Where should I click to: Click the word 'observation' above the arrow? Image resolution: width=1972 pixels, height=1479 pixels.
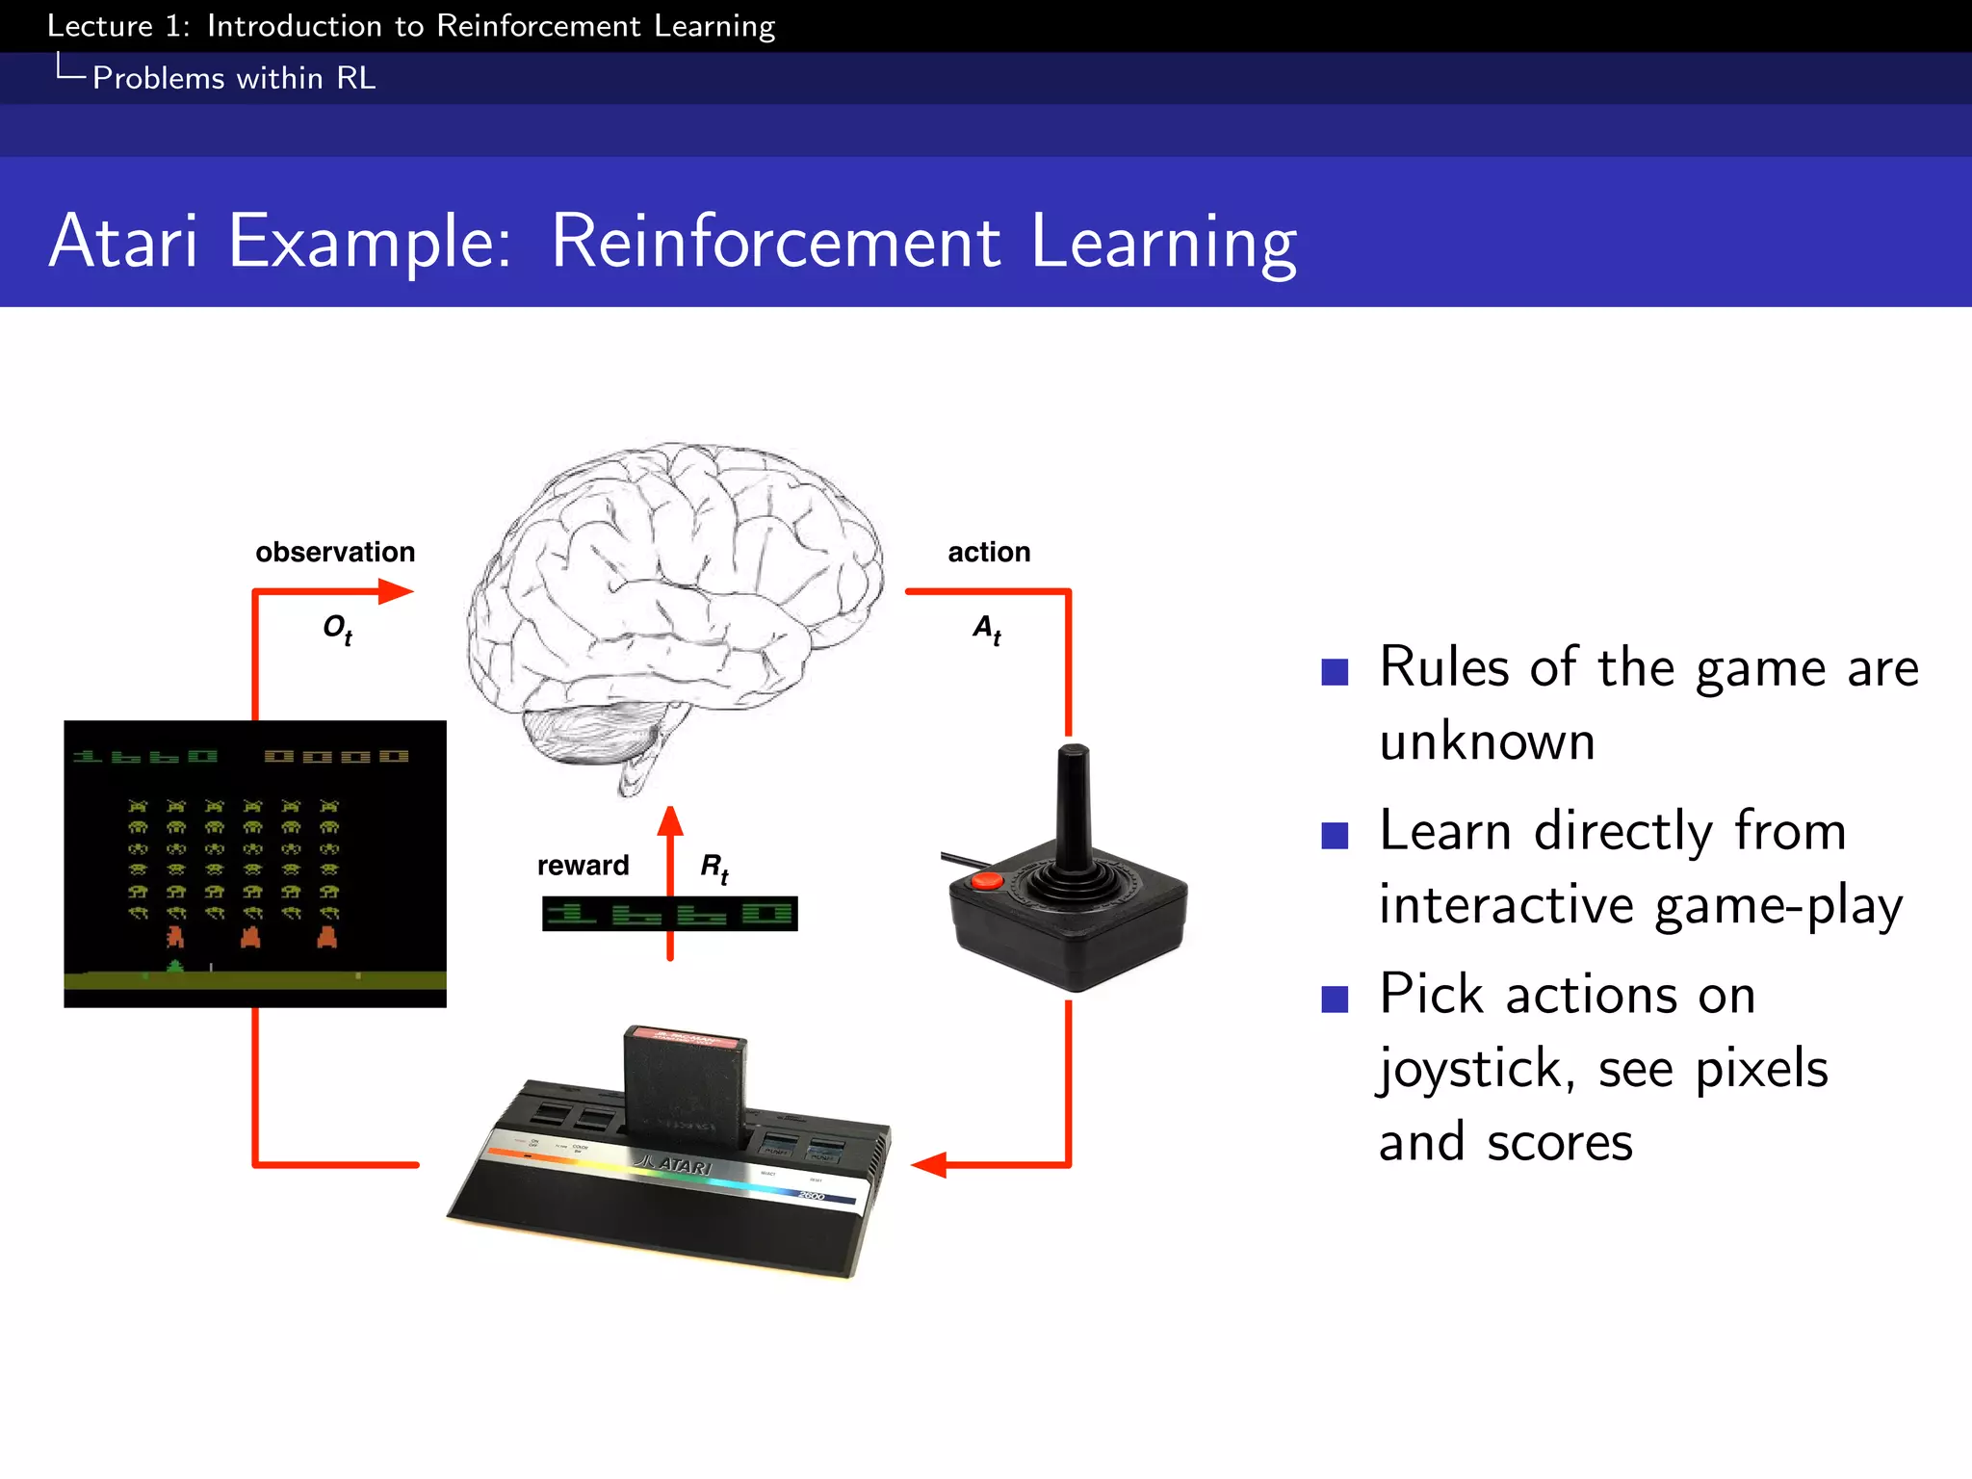[x=335, y=552]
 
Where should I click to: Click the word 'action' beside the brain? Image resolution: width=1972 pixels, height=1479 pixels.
[x=989, y=552]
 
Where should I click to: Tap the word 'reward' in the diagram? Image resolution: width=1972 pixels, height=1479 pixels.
[x=583, y=866]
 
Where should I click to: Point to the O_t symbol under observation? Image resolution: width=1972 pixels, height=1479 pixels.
[x=337, y=630]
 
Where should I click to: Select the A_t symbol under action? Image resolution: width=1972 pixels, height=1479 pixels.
[x=987, y=630]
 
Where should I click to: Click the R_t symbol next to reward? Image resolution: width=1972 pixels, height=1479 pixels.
[x=714, y=868]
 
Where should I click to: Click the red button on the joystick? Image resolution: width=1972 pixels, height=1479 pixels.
[x=986, y=880]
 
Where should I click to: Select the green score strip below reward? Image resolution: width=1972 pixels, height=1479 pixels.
[x=669, y=914]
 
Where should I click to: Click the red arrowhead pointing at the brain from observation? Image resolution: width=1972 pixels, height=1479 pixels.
[x=395, y=591]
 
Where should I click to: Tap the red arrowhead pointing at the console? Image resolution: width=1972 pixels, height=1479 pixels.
[x=929, y=1165]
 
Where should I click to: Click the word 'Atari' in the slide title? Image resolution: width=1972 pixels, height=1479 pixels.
[x=123, y=241]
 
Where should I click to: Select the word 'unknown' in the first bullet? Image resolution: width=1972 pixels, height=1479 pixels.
[x=1487, y=742]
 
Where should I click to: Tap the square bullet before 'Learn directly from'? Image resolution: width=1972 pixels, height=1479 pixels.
[x=1335, y=835]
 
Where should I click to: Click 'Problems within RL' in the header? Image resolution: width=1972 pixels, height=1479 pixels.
[x=234, y=78]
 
